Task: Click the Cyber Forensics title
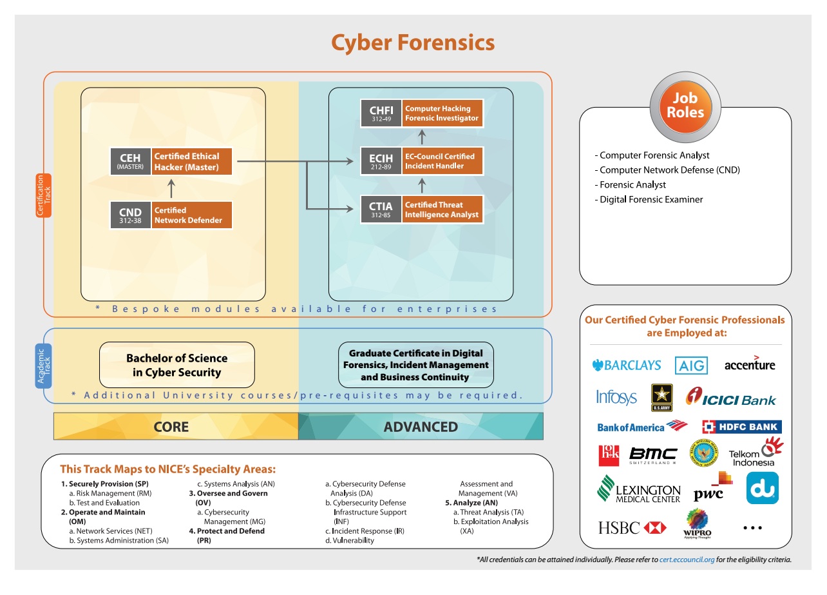tap(413, 43)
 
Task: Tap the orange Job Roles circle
tap(685, 105)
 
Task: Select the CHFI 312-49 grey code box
tap(381, 113)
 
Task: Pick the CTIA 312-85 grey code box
tap(381, 210)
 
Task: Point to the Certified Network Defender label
tap(192, 215)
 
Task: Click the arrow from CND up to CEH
tap(171, 188)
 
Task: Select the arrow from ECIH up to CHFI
tap(423, 137)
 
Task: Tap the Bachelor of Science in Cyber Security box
tap(176, 365)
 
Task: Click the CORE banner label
tap(171, 427)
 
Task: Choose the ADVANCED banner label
tap(421, 427)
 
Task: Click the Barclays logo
tap(626, 366)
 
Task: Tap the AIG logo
tap(691, 366)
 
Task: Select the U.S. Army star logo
tap(661, 397)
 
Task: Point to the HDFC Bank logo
tap(741, 427)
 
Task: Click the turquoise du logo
tap(762, 488)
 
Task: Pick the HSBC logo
tap(631, 528)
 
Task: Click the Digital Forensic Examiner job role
tap(651, 200)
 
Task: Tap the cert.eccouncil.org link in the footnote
tap(687, 560)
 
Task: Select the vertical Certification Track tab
tap(43, 195)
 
